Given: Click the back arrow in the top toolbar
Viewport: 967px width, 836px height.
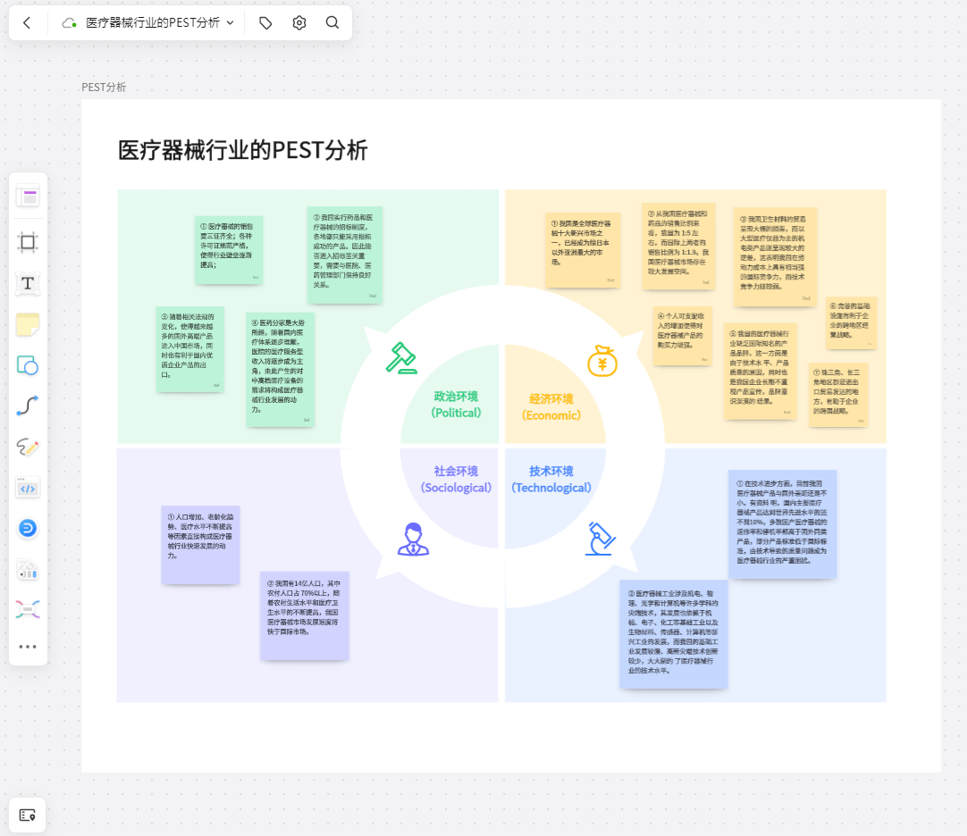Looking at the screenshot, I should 27,23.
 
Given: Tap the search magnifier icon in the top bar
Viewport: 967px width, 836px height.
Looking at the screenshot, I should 332,23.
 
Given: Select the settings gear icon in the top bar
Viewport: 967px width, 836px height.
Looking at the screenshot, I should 299,23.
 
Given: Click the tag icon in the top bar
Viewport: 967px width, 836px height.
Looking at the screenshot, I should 265,23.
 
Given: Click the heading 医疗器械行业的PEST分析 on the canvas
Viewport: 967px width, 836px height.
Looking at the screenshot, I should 242,150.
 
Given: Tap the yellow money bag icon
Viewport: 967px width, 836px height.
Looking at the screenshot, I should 602,360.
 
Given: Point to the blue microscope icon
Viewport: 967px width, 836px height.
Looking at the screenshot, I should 600,539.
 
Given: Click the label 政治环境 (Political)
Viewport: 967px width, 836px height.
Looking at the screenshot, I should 456,405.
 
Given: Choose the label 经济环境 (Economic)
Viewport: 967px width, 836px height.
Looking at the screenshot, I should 551,407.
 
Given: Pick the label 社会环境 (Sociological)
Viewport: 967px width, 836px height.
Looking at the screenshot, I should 456,480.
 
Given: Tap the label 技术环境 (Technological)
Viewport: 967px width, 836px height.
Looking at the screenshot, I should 551,480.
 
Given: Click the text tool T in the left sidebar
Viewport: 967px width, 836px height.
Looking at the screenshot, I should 28,283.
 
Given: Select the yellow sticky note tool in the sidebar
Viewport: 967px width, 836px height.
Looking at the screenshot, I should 28,324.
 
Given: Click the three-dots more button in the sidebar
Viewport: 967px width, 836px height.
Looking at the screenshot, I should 28,647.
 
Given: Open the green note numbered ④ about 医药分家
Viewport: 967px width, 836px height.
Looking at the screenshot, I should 280,369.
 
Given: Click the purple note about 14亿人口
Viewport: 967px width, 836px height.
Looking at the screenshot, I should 304,615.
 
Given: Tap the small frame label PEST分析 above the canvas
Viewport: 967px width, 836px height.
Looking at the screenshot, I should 104,88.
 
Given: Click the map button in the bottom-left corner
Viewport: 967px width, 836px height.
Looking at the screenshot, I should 28,815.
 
